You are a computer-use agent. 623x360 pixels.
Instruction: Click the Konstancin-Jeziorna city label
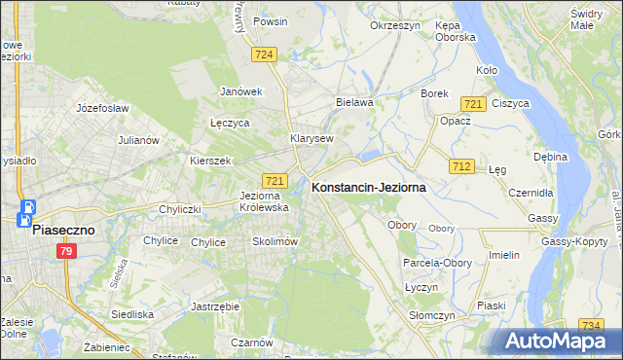pos(368,189)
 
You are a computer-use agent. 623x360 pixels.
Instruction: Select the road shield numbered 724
pos(262,55)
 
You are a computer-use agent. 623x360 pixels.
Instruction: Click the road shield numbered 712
pos(462,167)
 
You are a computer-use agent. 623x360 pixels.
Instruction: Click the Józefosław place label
pos(103,108)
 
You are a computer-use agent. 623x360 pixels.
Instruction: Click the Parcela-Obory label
pos(437,263)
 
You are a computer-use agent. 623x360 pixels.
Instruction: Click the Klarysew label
pos(311,138)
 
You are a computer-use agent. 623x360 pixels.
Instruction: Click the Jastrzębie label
pos(216,306)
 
